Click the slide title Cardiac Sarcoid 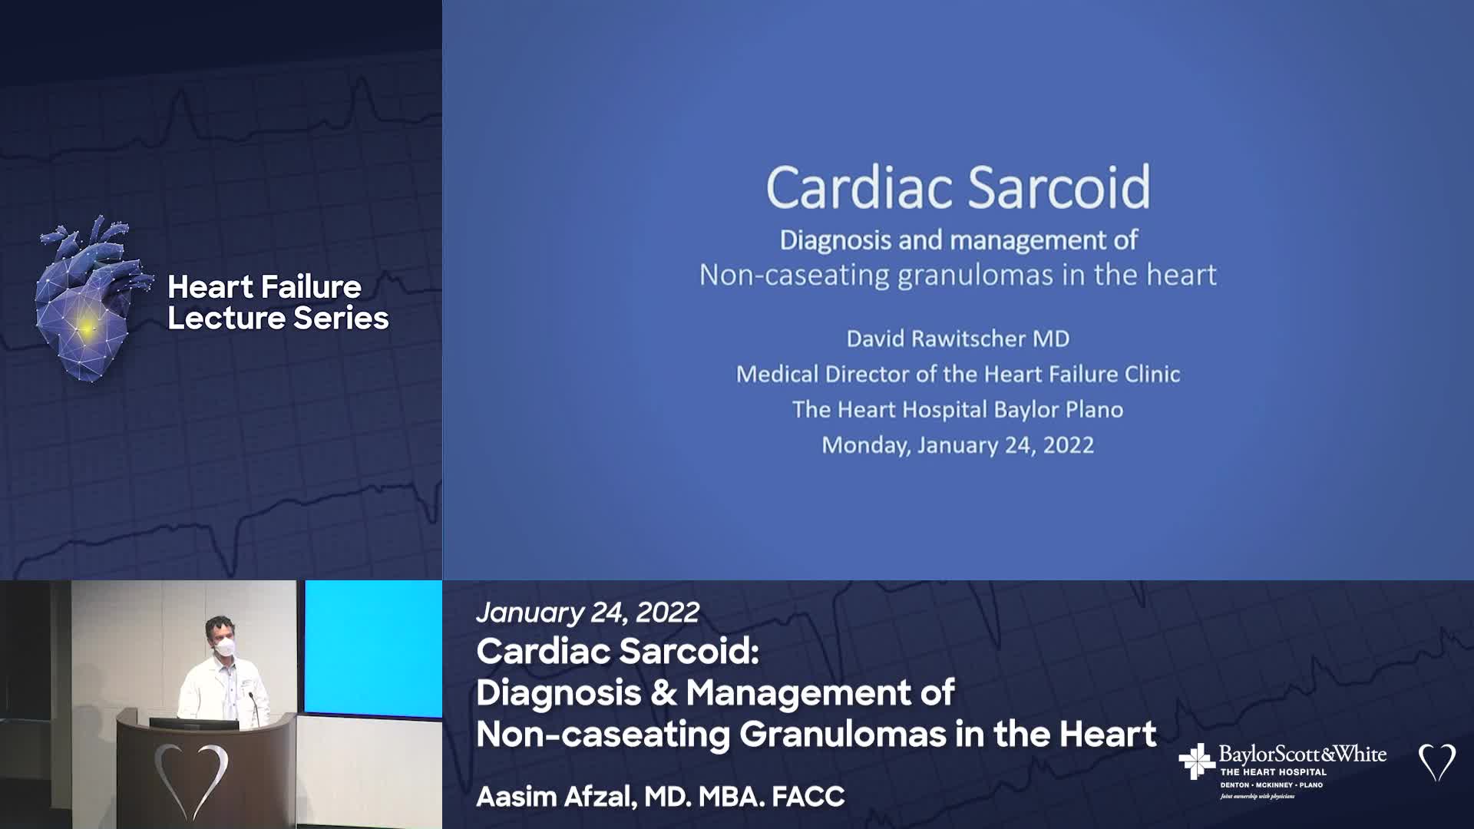point(958,187)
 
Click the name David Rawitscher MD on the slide point(958,339)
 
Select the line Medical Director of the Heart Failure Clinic point(958,374)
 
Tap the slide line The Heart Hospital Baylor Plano point(958,409)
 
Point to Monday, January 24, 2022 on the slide point(958,445)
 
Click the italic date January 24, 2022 point(588,613)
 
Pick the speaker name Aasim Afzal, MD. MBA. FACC point(660,797)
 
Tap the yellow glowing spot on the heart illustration point(87,328)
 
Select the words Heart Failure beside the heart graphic point(264,287)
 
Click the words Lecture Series point(278,319)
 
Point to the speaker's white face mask point(223,648)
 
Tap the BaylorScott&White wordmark point(1303,754)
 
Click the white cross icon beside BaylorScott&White point(1196,761)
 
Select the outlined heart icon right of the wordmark point(1436,762)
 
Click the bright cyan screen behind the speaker point(373,647)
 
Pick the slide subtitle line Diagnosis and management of point(958,240)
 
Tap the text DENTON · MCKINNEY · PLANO point(1271,785)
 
